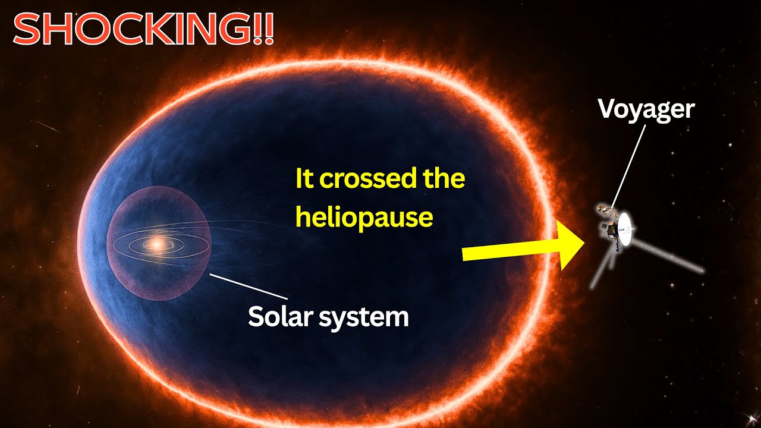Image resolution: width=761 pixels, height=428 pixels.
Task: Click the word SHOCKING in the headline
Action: [133, 30]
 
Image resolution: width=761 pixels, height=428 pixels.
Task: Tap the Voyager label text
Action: [646, 110]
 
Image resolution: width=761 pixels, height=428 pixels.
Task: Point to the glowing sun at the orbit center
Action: [156, 244]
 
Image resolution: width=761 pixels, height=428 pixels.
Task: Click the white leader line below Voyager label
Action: [628, 166]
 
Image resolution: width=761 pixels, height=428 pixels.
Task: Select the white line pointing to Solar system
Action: [249, 287]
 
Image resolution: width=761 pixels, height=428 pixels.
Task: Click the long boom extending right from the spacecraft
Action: [668, 254]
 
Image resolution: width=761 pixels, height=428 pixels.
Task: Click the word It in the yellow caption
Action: [304, 178]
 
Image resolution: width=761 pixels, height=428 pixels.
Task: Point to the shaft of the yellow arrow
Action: [510, 250]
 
